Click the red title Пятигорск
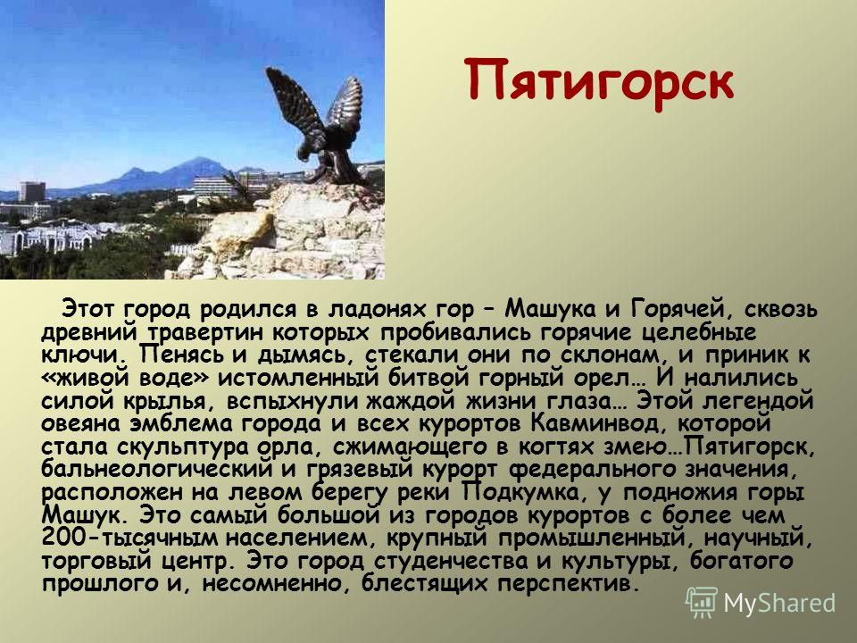(599, 82)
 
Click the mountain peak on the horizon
(200, 161)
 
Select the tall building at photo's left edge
(32, 192)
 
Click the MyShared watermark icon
(701, 603)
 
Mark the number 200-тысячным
(129, 539)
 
